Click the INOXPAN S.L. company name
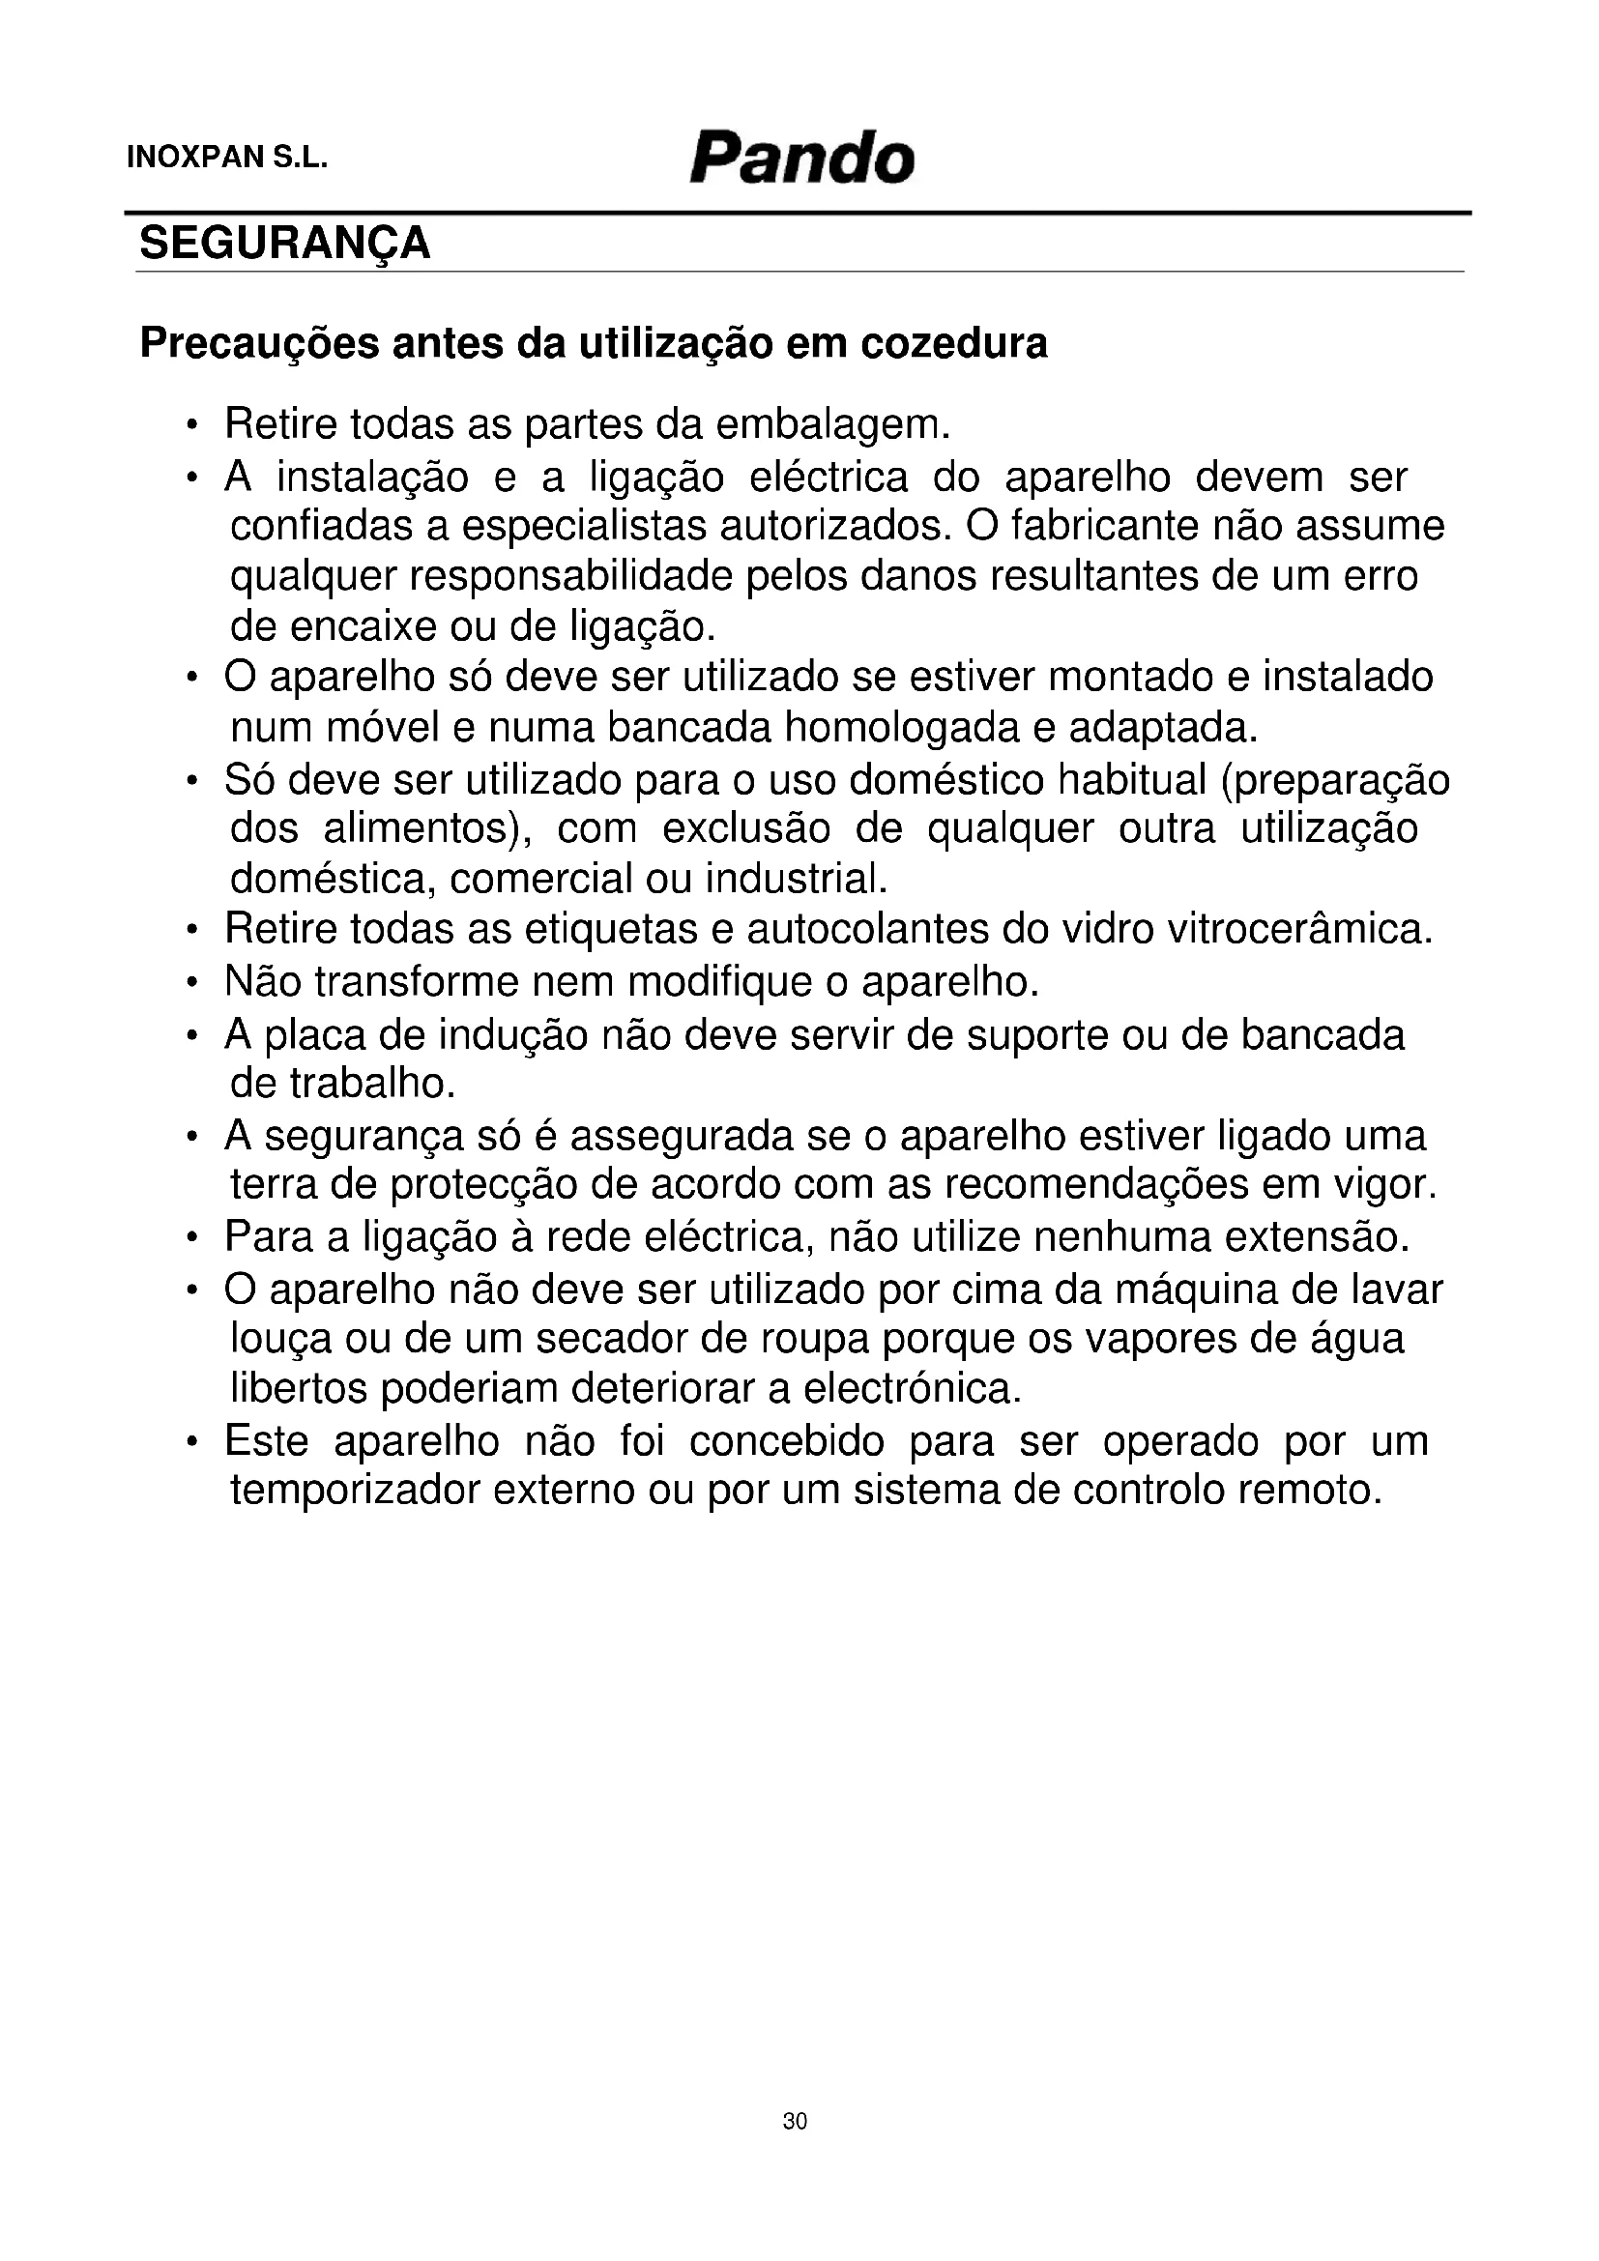point(226,159)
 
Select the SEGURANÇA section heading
point(284,244)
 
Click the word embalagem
point(833,424)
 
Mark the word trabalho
point(372,1084)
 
